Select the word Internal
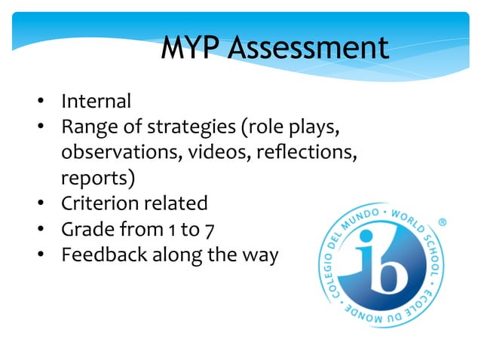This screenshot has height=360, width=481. (x=96, y=101)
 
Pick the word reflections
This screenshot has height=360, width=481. (x=305, y=153)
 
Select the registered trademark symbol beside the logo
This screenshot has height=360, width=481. (x=443, y=223)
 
